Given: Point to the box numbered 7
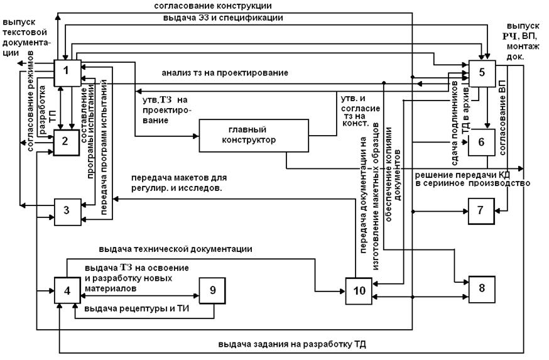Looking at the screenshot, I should tap(480, 210).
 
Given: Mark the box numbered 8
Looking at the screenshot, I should tap(482, 288).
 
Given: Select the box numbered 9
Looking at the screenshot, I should tap(212, 290).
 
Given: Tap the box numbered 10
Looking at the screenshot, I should tap(357, 291).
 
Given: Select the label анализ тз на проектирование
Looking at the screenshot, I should tap(225, 72).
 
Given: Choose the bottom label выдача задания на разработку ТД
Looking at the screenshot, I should tap(292, 344).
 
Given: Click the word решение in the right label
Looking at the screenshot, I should tap(433, 174).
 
